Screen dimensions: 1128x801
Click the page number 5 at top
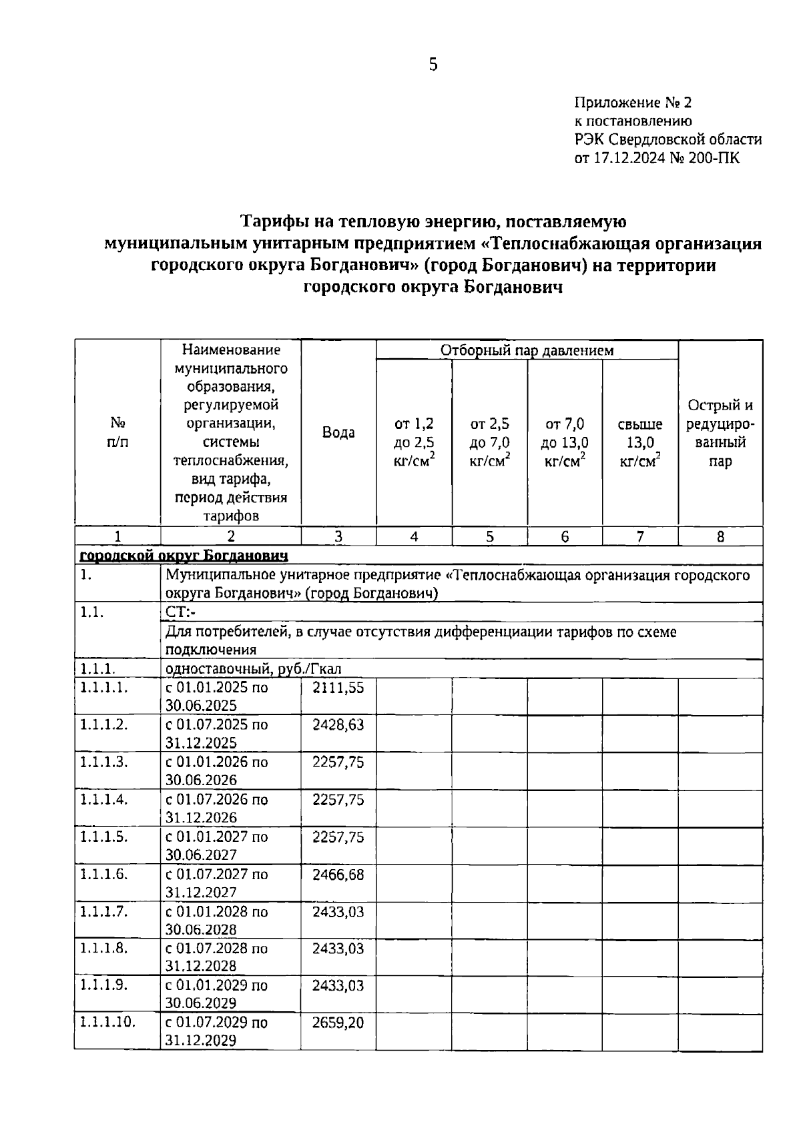(433, 65)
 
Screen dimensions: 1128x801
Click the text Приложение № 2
(633, 103)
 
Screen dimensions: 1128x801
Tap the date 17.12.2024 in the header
(629, 158)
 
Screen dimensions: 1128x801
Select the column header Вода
(338, 432)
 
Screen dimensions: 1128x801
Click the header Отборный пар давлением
(527, 350)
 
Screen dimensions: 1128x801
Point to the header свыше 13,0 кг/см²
(640, 442)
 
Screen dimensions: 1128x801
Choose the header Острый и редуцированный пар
(720, 433)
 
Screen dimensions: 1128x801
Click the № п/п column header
(117, 432)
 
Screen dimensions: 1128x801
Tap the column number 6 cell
(565, 536)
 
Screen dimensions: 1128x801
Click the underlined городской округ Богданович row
(184, 555)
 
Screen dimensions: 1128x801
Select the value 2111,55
(338, 688)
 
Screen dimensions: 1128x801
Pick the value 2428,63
(338, 724)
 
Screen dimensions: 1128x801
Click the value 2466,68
(338, 874)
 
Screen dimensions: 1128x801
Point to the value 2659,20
(338, 1022)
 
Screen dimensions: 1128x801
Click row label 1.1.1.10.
(107, 1022)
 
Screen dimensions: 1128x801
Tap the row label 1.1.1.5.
(103, 836)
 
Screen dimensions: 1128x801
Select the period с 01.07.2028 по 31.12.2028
(216, 957)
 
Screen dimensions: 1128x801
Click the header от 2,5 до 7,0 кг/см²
(489, 442)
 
